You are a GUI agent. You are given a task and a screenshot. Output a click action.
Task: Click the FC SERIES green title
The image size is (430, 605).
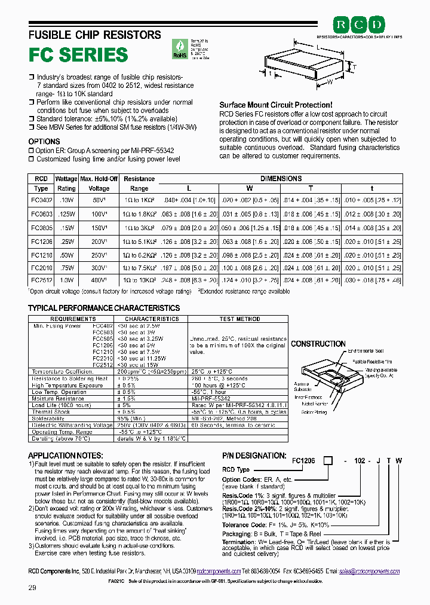78,55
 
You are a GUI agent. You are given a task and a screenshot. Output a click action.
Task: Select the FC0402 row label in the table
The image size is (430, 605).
41,200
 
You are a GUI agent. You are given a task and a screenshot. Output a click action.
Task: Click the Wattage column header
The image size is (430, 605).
66,179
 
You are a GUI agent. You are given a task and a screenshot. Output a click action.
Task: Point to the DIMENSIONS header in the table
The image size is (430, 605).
281,179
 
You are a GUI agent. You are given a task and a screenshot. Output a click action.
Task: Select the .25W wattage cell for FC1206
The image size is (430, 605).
66,240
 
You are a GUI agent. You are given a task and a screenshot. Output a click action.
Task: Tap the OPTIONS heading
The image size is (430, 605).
44,142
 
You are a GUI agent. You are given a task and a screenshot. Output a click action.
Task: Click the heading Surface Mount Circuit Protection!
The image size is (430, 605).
275,105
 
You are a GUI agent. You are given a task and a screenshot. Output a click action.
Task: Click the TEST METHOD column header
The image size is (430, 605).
239,319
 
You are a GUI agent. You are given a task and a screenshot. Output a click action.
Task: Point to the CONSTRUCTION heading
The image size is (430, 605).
318,344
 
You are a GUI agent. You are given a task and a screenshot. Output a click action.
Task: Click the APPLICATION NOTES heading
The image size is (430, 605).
65,456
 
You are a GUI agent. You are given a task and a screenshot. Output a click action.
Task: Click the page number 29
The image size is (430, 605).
32,588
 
